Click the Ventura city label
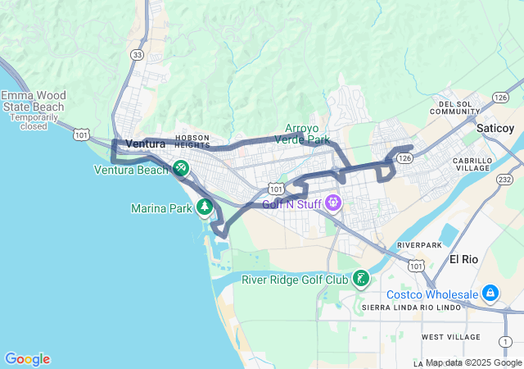coord(146,143)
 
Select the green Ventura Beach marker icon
coord(181,169)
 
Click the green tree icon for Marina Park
coord(205,207)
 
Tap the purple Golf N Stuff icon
coord(332,202)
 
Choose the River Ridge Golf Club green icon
coord(360,280)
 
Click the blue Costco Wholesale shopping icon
coord(490,293)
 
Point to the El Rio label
coord(463,259)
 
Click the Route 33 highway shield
coord(137,54)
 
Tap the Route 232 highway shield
coord(505,180)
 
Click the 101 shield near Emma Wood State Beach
coord(80,133)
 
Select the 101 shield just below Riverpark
coord(417,266)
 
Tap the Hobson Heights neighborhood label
coord(192,141)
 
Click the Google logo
coord(27,359)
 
